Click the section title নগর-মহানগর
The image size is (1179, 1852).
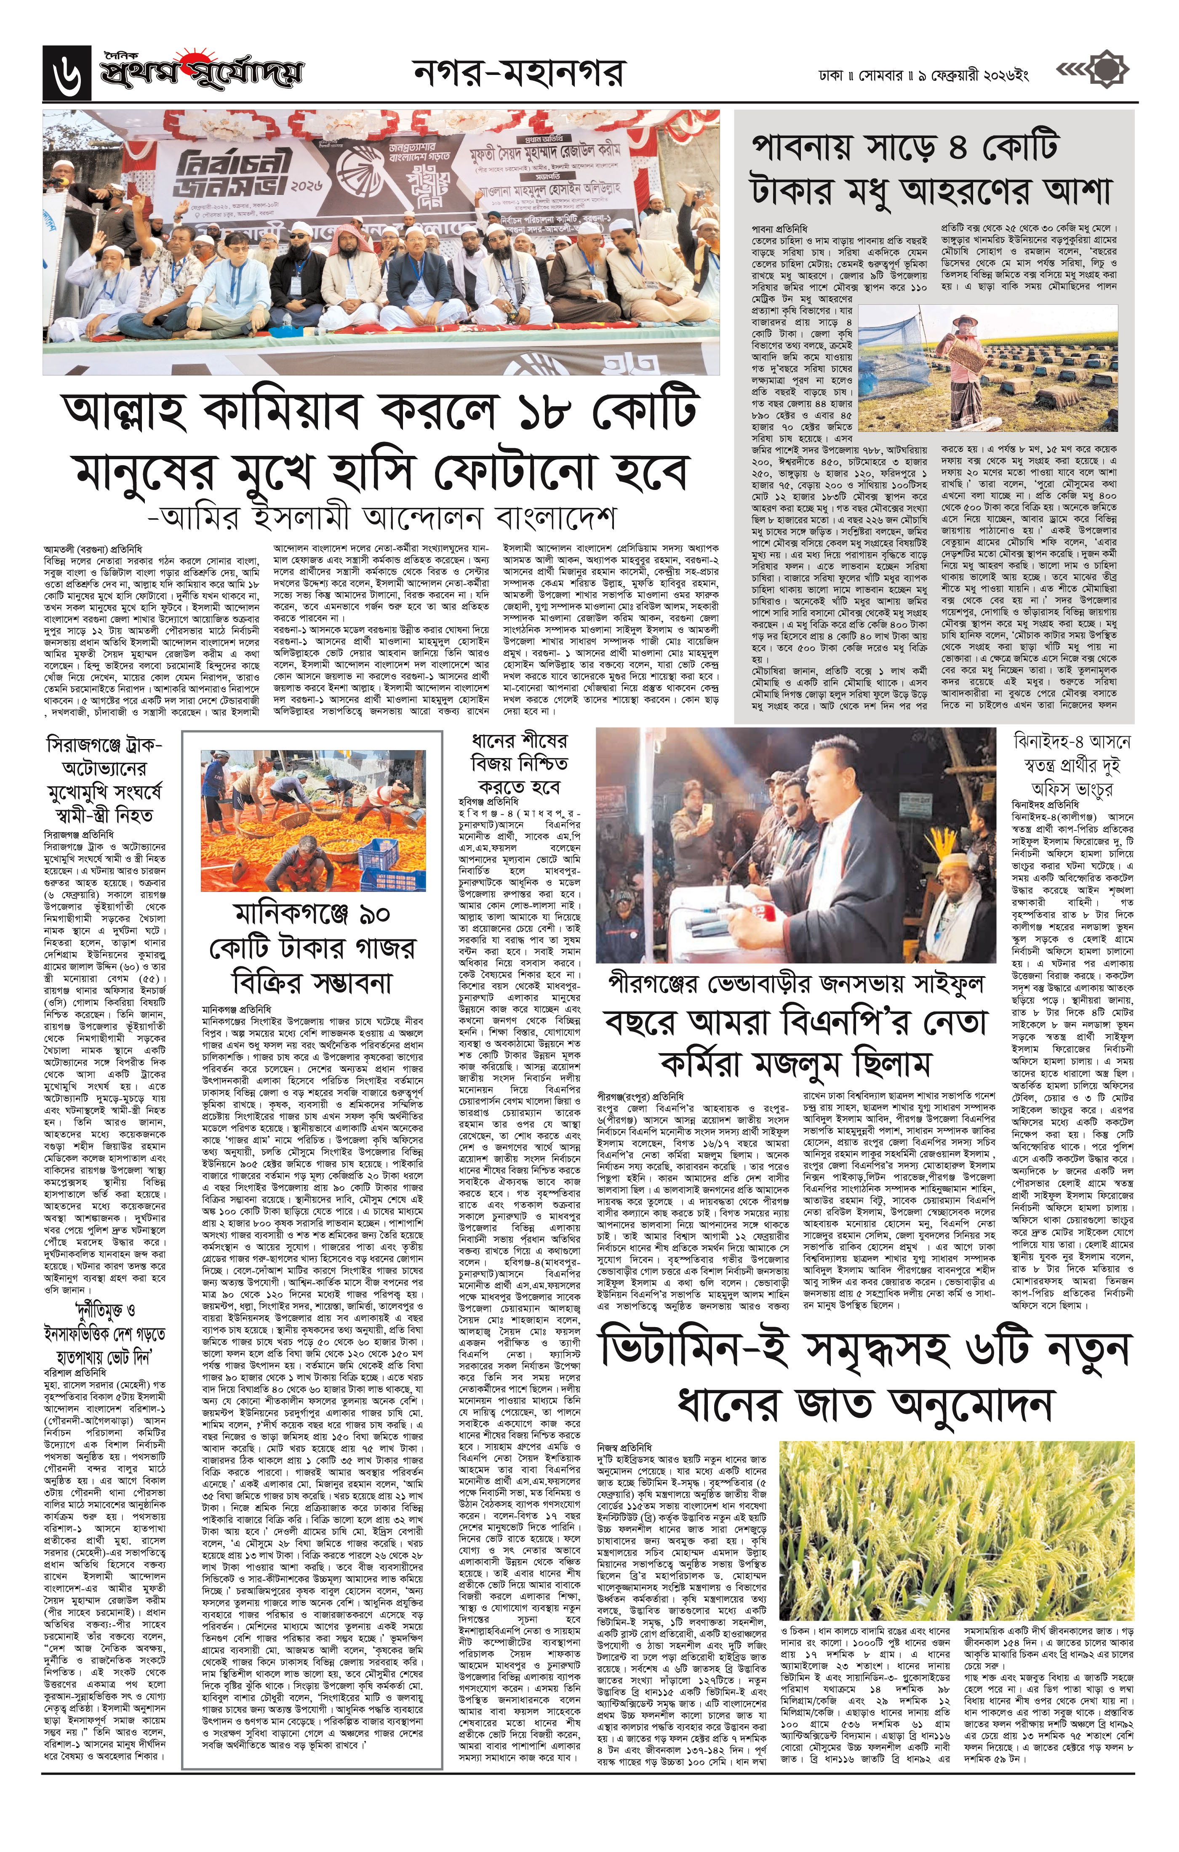[x=520, y=75]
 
